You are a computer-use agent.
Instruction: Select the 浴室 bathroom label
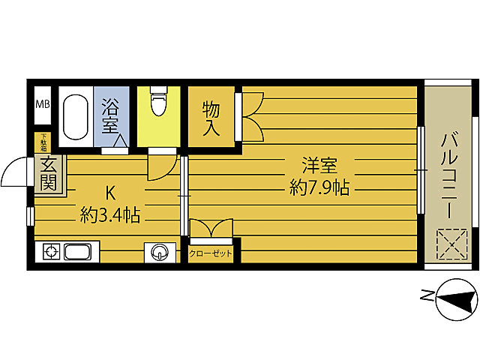tap(112, 116)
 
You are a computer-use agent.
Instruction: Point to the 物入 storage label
tap(211, 118)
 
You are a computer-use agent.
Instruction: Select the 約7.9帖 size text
tap(320, 187)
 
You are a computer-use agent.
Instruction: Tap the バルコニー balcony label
tap(450, 175)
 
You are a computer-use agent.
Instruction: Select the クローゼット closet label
tap(211, 253)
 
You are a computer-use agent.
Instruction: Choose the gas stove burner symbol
tap(50, 252)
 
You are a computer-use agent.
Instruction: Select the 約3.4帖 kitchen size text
tap(111, 216)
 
